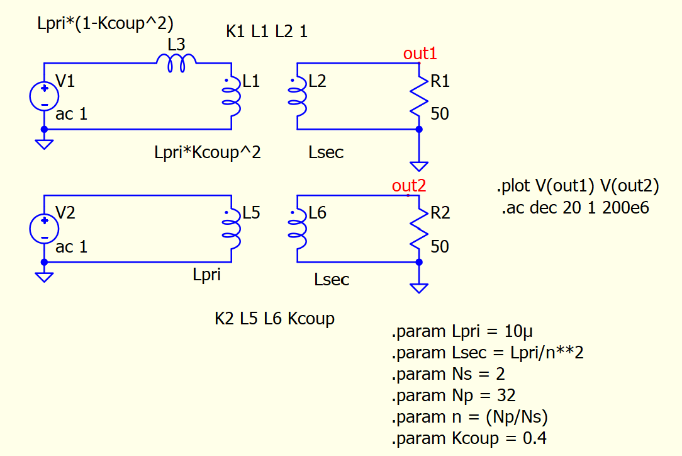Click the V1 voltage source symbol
pyautogui.click(x=45, y=97)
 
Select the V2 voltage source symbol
pyautogui.click(x=45, y=229)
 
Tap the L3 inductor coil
pyautogui.click(x=177, y=62)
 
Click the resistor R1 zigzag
pyautogui.click(x=419, y=98)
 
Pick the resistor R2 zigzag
pyautogui.click(x=419, y=230)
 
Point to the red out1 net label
pyautogui.click(x=420, y=54)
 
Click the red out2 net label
pyautogui.click(x=409, y=186)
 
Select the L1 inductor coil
pyautogui.click(x=233, y=98)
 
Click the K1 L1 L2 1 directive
pyautogui.click(x=267, y=31)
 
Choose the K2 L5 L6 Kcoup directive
pyautogui.click(x=274, y=319)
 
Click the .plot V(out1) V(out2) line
pyautogui.click(x=578, y=186)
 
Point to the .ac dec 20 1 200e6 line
pyautogui.click(x=575, y=208)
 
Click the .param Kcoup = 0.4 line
pyautogui.click(x=469, y=438)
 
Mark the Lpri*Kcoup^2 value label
pyautogui.click(x=207, y=152)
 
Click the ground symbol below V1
pyautogui.click(x=45, y=144)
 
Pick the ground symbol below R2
pyautogui.click(x=419, y=288)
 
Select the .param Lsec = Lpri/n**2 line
pyautogui.click(x=488, y=353)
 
